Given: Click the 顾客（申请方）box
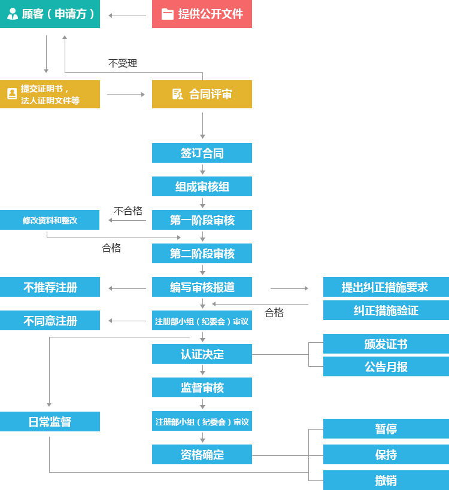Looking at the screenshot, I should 50,14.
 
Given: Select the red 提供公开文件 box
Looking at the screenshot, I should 202,14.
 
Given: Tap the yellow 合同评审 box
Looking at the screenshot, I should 202,94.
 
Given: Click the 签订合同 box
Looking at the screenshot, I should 202,153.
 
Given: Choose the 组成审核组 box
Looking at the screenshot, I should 202,187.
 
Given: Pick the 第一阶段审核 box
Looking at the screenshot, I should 202,220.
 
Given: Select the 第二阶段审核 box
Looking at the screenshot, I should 202,254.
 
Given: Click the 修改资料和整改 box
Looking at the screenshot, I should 50,220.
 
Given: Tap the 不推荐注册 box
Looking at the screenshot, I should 50,287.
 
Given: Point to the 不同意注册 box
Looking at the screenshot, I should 50,321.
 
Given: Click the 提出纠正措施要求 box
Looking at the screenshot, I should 386,287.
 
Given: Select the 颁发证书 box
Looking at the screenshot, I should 386,344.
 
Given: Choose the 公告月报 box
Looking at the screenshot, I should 386,367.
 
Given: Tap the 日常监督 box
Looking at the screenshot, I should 50,422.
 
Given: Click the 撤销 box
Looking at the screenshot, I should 386,480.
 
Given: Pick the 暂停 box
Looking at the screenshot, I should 386,429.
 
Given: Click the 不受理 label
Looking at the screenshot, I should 123,63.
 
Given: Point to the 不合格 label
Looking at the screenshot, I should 128,211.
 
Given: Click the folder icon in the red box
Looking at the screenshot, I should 168,14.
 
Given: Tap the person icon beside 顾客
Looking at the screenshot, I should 13,14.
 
